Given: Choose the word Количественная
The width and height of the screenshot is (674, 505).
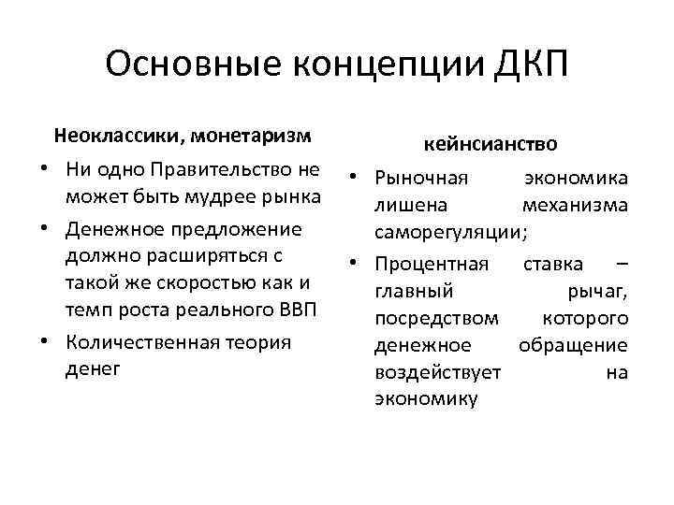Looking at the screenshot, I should [x=143, y=342].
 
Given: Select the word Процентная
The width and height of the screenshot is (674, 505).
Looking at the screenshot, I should [x=431, y=265].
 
